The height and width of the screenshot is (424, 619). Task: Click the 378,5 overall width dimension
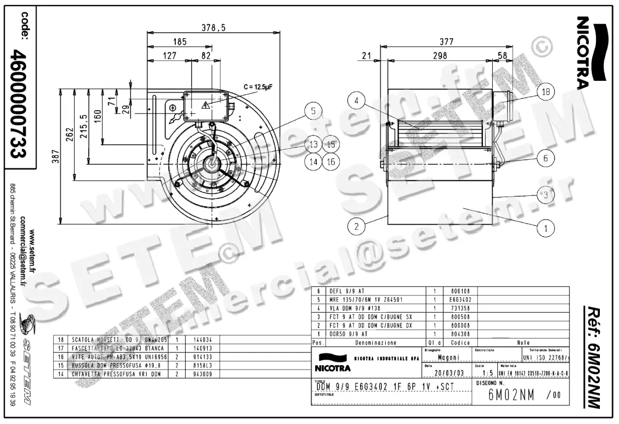click(213, 28)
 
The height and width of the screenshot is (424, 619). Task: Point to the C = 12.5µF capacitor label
click(257, 87)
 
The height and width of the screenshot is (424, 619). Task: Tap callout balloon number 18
click(545, 93)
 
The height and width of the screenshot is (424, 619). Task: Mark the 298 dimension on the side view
click(439, 55)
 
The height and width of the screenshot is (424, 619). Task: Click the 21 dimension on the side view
click(366, 55)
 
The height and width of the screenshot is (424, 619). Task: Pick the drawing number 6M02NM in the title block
click(511, 395)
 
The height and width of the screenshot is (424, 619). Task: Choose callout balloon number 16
click(330, 162)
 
